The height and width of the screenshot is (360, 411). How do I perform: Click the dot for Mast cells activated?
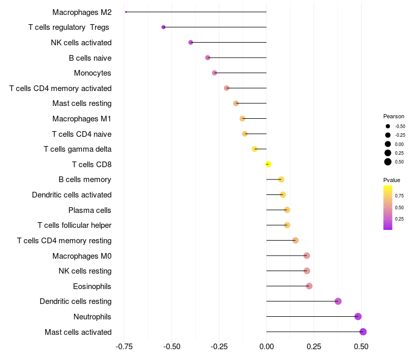tap(363, 332)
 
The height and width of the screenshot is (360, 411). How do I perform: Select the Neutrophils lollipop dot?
tap(358, 316)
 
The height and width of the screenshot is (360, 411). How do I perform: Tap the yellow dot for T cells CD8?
tap(268, 164)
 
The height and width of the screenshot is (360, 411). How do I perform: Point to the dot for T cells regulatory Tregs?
tap(163, 27)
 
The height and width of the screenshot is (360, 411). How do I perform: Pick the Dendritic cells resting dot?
tap(338, 301)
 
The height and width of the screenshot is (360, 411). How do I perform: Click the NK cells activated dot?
tap(191, 42)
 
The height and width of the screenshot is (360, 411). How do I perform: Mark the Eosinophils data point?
tap(309, 286)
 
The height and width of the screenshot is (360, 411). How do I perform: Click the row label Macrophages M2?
tap(82, 12)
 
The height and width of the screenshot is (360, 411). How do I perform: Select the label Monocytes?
tap(92, 73)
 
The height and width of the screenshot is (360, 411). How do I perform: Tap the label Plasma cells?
tap(90, 210)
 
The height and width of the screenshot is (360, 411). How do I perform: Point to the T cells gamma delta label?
tap(78, 149)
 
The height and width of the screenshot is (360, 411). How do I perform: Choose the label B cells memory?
tap(85, 179)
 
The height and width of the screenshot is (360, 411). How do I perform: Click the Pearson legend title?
tap(394, 116)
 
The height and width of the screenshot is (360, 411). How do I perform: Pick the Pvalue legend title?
tap(391, 180)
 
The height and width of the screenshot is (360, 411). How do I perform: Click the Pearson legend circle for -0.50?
tap(388, 126)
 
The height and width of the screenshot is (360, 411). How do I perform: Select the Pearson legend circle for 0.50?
tap(388, 162)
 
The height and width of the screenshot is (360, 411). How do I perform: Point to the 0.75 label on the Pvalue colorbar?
tap(399, 196)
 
